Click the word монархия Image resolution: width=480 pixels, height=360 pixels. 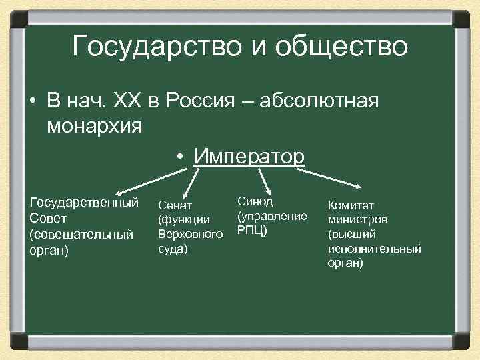(95, 126)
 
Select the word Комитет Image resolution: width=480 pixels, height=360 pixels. (351, 205)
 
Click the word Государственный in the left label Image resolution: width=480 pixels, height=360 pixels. (84, 202)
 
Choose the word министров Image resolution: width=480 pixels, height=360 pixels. (359, 219)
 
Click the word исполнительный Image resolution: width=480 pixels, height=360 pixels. (375, 249)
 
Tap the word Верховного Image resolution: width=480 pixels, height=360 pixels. (190, 235)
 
